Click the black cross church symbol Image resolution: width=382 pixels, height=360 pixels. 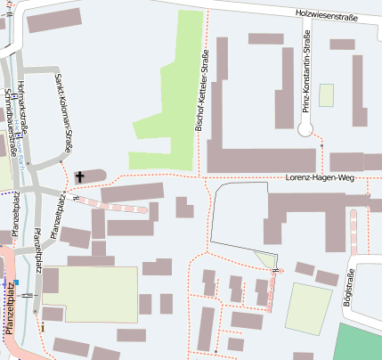79,176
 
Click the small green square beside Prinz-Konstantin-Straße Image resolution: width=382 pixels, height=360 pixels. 326,95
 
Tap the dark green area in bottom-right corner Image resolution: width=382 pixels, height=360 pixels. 360,342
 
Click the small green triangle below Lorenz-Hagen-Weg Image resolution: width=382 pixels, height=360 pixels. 265,259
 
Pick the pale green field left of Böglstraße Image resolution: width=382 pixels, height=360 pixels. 309,307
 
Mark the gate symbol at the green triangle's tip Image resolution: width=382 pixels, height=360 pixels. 277,268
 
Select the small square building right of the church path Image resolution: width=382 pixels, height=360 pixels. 184,208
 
